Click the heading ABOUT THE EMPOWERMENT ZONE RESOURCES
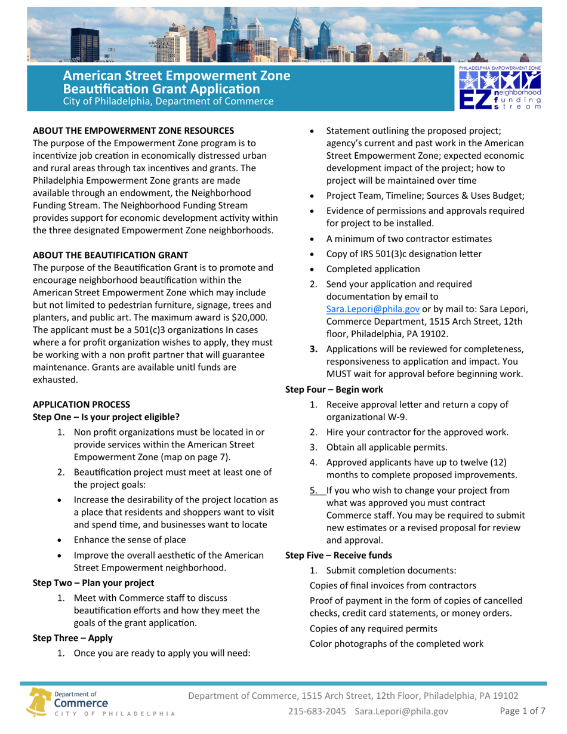point(132,130)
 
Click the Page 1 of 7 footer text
point(522,711)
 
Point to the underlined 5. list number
point(313,491)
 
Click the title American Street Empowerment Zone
point(177,77)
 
